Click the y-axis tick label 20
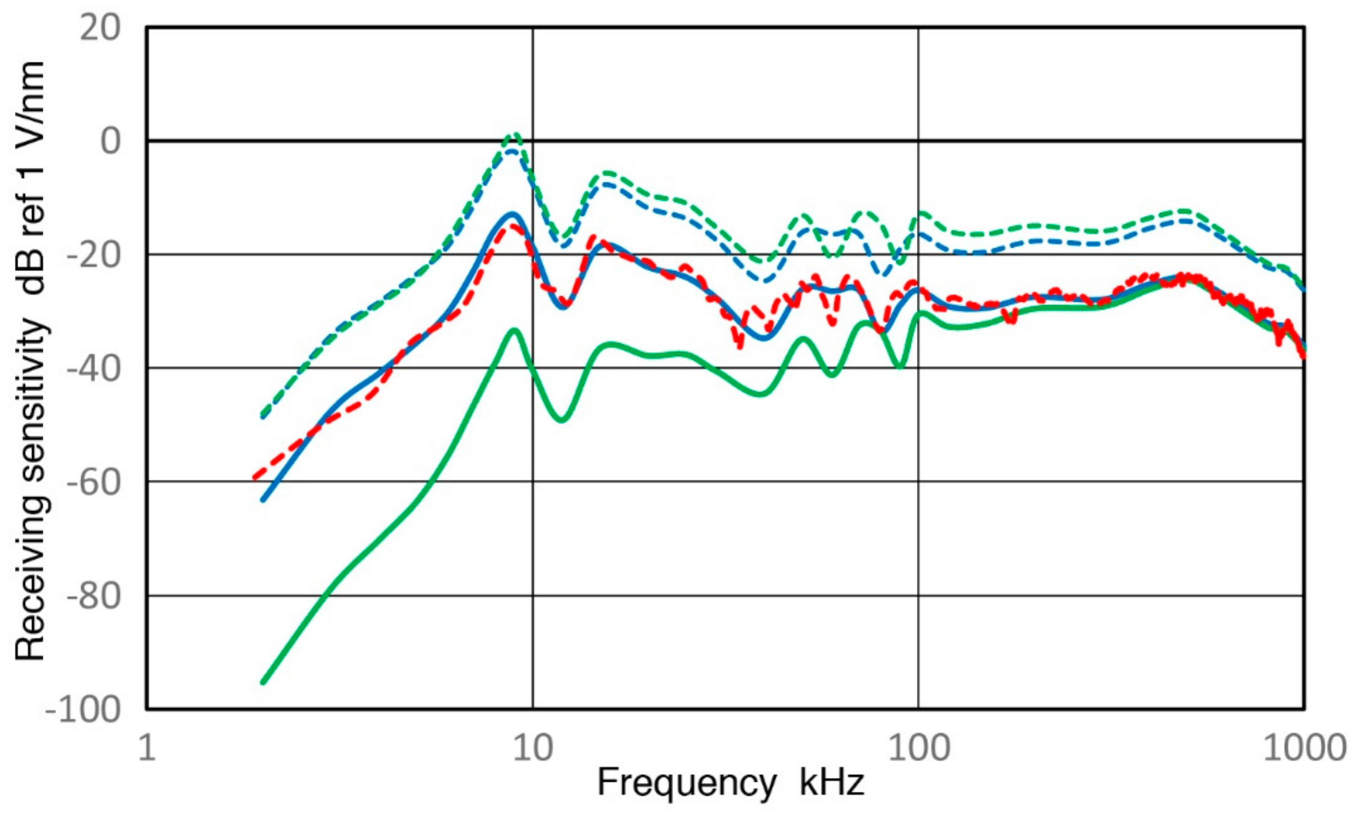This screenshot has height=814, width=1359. [100, 28]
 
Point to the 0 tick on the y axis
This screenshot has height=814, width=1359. [110, 142]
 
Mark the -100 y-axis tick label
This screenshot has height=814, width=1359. [83, 710]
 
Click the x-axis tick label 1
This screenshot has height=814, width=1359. [147, 747]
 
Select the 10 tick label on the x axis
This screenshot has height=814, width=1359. [533, 747]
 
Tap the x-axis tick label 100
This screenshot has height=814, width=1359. [918, 747]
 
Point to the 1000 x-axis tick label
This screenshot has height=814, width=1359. [1304, 747]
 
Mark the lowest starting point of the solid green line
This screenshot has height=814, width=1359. [263, 682]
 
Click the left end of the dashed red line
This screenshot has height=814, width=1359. [254, 478]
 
